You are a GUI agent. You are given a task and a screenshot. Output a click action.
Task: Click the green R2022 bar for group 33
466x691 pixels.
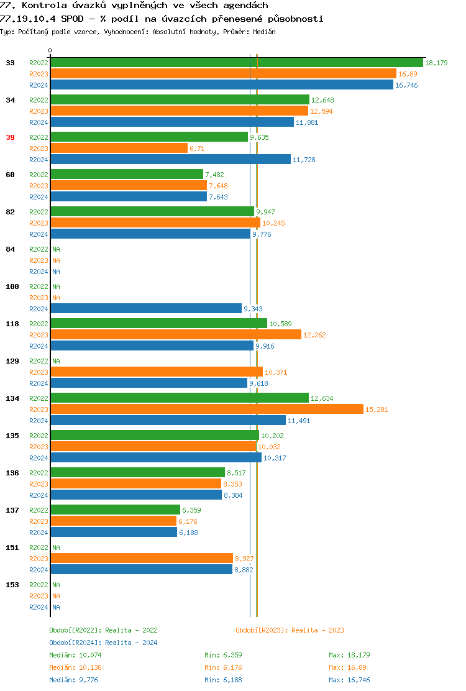[x=236, y=62]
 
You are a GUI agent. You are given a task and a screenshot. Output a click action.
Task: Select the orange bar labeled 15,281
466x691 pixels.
[x=206, y=409]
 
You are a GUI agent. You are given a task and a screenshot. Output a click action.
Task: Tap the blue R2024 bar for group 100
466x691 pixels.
[x=146, y=308]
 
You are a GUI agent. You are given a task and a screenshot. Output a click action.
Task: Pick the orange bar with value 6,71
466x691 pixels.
[x=119, y=148]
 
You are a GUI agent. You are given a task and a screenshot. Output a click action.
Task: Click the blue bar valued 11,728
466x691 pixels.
[x=170, y=159]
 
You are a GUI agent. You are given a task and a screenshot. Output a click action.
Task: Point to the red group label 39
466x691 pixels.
[x=10, y=137]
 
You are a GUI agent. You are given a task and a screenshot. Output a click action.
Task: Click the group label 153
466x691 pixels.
[x=12, y=585]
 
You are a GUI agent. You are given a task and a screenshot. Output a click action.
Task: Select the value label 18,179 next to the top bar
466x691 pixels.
[x=436, y=63]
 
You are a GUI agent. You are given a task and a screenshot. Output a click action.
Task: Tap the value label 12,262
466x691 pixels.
[x=314, y=335]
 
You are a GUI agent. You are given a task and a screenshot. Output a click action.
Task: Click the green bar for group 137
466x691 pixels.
[x=115, y=510]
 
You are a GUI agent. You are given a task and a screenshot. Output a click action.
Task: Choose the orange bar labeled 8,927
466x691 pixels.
[x=142, y=558]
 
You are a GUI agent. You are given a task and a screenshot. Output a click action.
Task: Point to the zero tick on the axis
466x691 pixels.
[x=50, y=51]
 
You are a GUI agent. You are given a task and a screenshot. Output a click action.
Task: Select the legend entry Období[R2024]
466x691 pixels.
[x=76, y=643]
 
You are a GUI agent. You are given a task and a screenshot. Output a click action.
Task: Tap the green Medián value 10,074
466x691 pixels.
[x=90, y=655]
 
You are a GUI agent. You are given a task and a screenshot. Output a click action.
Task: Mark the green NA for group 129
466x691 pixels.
[x=56, y=361]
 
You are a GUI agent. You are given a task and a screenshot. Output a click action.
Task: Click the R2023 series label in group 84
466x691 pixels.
[x=39, y=260]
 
